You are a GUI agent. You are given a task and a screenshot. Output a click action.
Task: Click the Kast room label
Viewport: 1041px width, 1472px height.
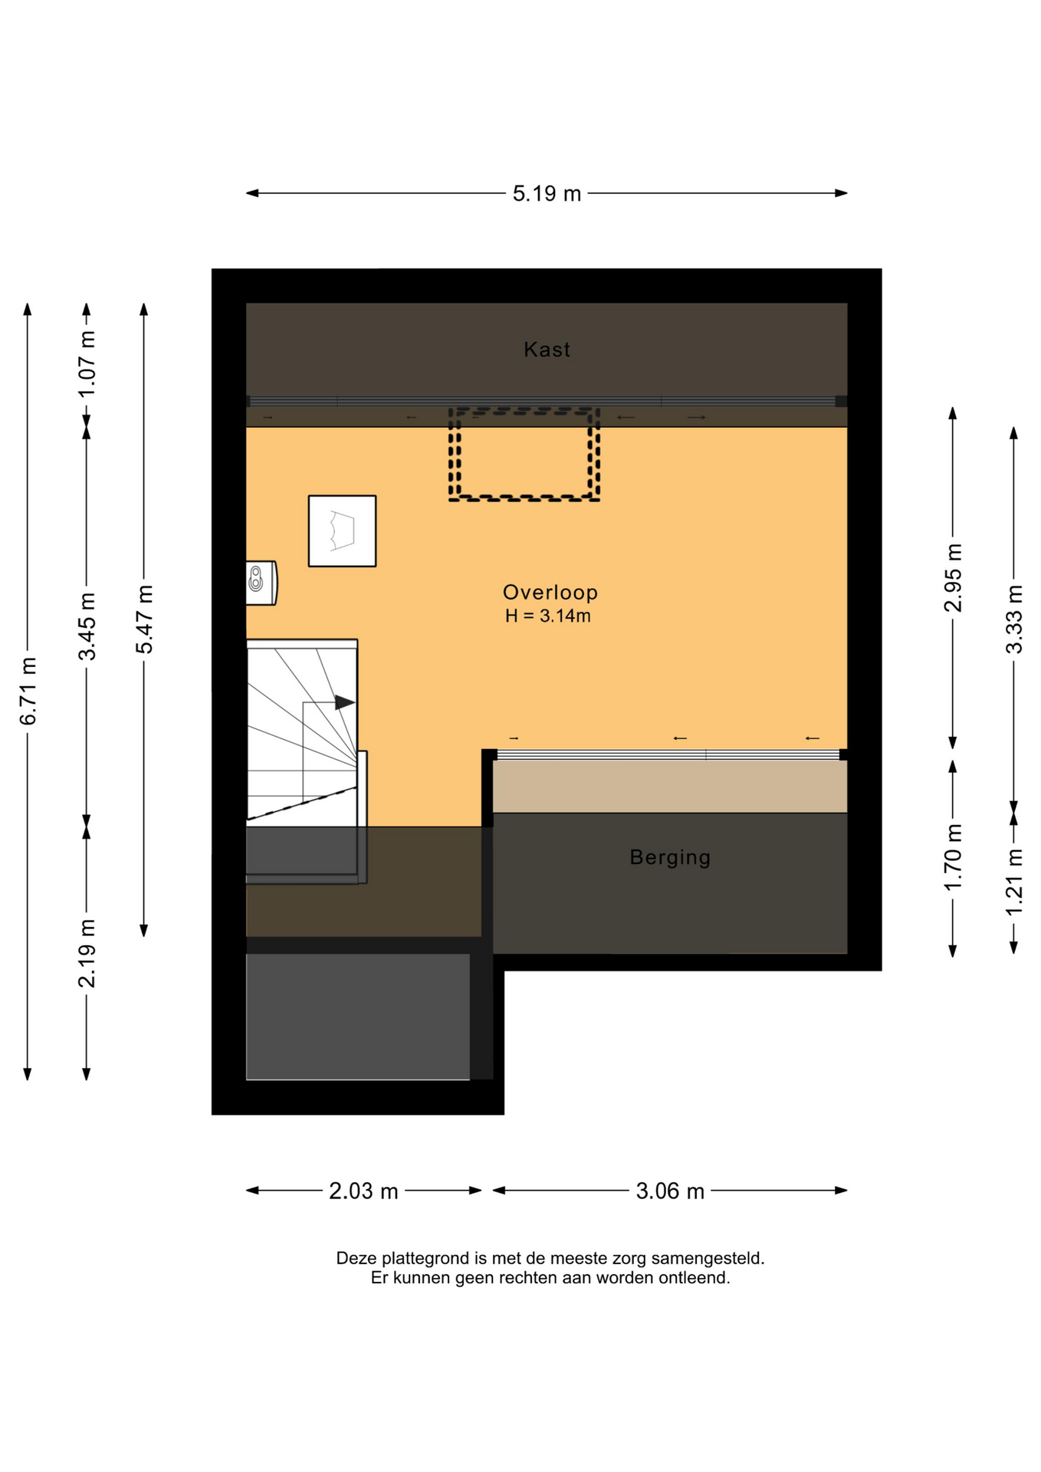click(547, 350)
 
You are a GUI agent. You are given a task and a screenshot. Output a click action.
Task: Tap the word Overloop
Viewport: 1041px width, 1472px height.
click(550, 592)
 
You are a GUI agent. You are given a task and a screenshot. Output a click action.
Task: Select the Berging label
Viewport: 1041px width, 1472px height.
click(670, 857)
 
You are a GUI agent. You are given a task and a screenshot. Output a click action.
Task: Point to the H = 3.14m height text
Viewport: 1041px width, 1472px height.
click(547, 616)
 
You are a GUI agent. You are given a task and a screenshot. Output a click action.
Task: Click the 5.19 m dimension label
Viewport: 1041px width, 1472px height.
click(547, 194)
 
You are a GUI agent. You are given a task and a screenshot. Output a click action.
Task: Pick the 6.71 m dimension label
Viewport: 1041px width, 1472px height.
click(28, 691)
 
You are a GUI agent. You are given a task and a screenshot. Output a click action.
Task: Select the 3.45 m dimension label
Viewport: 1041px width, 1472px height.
click(87, 626)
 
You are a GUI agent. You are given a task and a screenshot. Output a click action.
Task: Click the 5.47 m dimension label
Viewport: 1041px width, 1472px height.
click(145, 619)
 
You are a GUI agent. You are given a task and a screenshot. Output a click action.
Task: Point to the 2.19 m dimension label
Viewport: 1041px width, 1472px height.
click(87, 953)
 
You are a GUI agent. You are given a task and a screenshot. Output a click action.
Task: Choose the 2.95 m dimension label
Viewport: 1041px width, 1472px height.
click(953, 578)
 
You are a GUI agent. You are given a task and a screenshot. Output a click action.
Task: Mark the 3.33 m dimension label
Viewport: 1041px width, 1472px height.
click(1014, 619)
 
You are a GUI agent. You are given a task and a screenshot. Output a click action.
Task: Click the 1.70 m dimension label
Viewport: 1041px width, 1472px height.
click(953, 858)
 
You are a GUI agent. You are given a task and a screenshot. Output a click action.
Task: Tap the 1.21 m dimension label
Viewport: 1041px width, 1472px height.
click(1014, 882)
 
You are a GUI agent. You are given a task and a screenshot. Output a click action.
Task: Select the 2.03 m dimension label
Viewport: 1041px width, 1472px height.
click(363, 1191)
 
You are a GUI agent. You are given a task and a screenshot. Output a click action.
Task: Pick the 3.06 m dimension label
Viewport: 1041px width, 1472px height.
click(670, 1191)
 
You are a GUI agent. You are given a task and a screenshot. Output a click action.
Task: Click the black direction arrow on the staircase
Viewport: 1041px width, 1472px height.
click(345, 702)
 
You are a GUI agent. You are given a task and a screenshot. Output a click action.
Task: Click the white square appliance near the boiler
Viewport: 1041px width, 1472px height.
click(342, 531)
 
